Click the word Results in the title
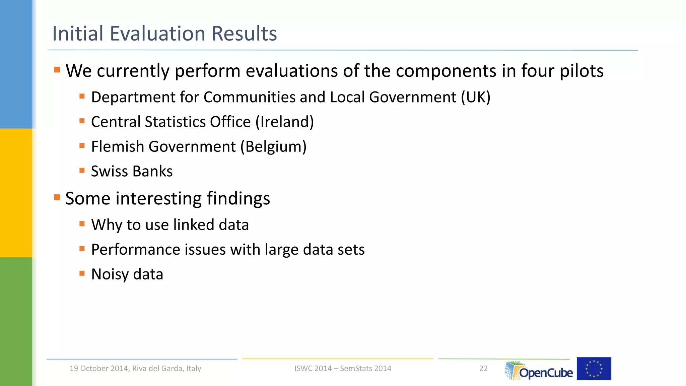(x=245, y=34)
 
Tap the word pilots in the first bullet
(x=582, y=71)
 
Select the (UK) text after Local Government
(x=476, y=97)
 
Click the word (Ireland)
(x=285, y=122)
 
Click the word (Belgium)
(x=273, y=147)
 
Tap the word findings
(x=238, y=199)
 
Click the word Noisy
(x=110, y=274)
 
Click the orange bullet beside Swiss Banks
(x=82, y=170)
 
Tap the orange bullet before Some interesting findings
(x=57, y=197)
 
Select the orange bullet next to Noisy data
(x=82, y=273)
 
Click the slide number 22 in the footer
(x=483, y=369)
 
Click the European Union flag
(x=594, y=369)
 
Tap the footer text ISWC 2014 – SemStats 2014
(x=343, y=369)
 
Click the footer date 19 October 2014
(x=99, y=369)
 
